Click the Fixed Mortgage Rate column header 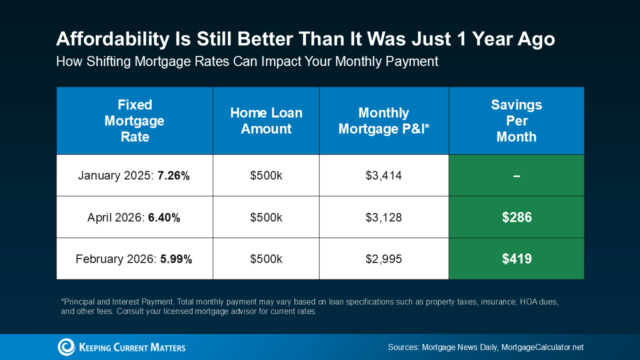point(134,120)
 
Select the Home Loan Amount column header point(266,120)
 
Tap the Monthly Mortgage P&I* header point(383,120)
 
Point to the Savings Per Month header point(516,120)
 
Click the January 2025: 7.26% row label point(134,175)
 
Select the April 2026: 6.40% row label point(134,217)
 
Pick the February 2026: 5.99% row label point(134,259)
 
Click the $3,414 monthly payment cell point(383,175)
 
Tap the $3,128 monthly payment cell point(383,217)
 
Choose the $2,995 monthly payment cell point(383,259)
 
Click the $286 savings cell point(516,217)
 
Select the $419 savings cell point(516,259)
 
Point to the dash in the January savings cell point(516,175)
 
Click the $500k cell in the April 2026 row point(266,217)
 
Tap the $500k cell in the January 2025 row point(266,175)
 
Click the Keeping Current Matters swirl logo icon point(66,347)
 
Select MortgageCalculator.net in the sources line point(542,347)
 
